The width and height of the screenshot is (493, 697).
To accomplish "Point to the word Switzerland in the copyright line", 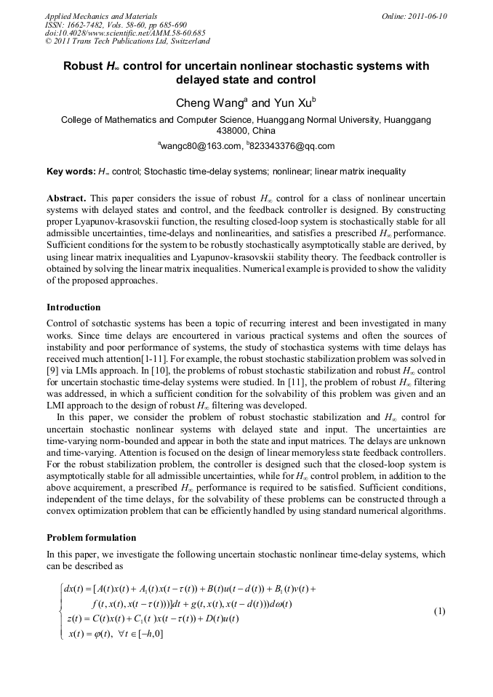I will pyautogui.click(x=185, y=41).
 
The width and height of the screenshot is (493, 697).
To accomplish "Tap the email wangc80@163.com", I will pyautogui.click(x=201, y=146).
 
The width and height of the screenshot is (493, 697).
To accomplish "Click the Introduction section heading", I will pyautogui.click(x=73, y=307).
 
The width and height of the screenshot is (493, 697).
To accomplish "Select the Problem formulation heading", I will pyautogui.click(x=91, y=538).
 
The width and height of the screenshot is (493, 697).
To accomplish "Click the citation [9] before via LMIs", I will pyautogui.click(x=53, y=369).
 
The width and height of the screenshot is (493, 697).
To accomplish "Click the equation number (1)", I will pyautogui.click(x=439, y=611).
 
